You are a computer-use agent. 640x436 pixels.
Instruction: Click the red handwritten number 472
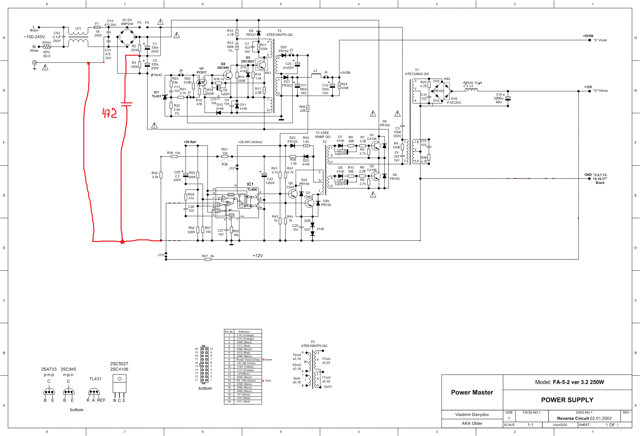110,113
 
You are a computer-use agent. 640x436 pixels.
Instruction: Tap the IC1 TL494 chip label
252,187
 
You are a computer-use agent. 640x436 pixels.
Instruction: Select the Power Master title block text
472,392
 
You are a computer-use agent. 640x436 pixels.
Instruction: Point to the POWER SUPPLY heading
567,400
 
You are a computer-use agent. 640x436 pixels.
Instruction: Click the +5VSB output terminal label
588,36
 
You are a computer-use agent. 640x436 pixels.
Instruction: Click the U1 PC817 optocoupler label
201,70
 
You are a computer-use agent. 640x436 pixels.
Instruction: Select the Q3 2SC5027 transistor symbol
261,65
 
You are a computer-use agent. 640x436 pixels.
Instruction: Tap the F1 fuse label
97,24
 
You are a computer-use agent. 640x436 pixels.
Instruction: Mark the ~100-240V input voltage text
34,37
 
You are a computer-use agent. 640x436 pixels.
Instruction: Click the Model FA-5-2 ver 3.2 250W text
569,382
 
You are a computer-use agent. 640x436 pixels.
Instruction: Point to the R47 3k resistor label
208,256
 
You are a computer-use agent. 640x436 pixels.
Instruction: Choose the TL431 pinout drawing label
95,379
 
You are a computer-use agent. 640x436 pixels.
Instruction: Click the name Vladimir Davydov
472,415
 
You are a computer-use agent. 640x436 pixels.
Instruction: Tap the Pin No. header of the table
229,332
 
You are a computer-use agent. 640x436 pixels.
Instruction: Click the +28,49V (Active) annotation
250,142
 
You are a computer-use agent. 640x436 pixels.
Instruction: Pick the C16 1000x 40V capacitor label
499,98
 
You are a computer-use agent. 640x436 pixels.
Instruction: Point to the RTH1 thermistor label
46,43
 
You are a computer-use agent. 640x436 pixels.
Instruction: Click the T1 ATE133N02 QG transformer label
417,72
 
